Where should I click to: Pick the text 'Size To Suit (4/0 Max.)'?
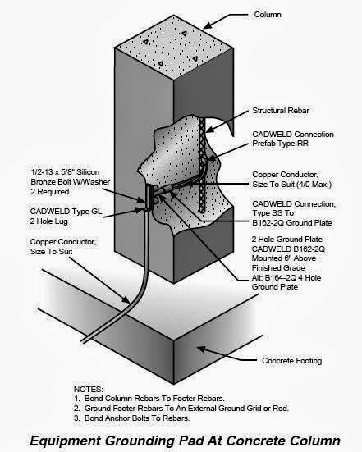click(x=294, y=185)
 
